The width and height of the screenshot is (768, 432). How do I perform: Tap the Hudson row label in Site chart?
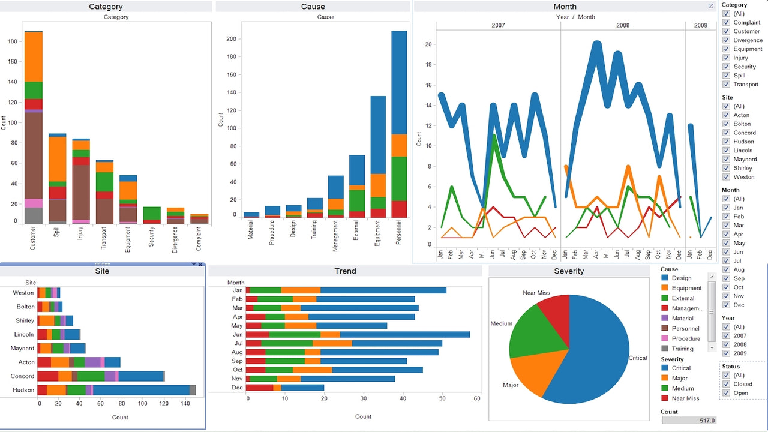click(23, 390)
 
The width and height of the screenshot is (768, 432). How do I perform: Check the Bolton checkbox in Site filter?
click(726, 124)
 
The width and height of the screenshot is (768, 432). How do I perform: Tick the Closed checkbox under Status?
click(726, 384)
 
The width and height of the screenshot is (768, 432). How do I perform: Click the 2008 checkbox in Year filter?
click(726, 344)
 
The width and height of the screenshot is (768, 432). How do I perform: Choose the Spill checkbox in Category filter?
click(726, 76)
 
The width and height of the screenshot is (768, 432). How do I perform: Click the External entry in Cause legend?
click(683, 298)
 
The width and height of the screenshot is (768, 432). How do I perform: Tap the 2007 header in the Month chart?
click(498, 25)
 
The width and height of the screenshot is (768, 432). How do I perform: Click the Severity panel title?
click(569, 271)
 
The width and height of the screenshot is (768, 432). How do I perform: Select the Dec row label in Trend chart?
click(238, 388)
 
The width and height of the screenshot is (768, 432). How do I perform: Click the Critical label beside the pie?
click(637, 358)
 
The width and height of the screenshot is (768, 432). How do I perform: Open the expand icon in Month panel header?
click(711, 6)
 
